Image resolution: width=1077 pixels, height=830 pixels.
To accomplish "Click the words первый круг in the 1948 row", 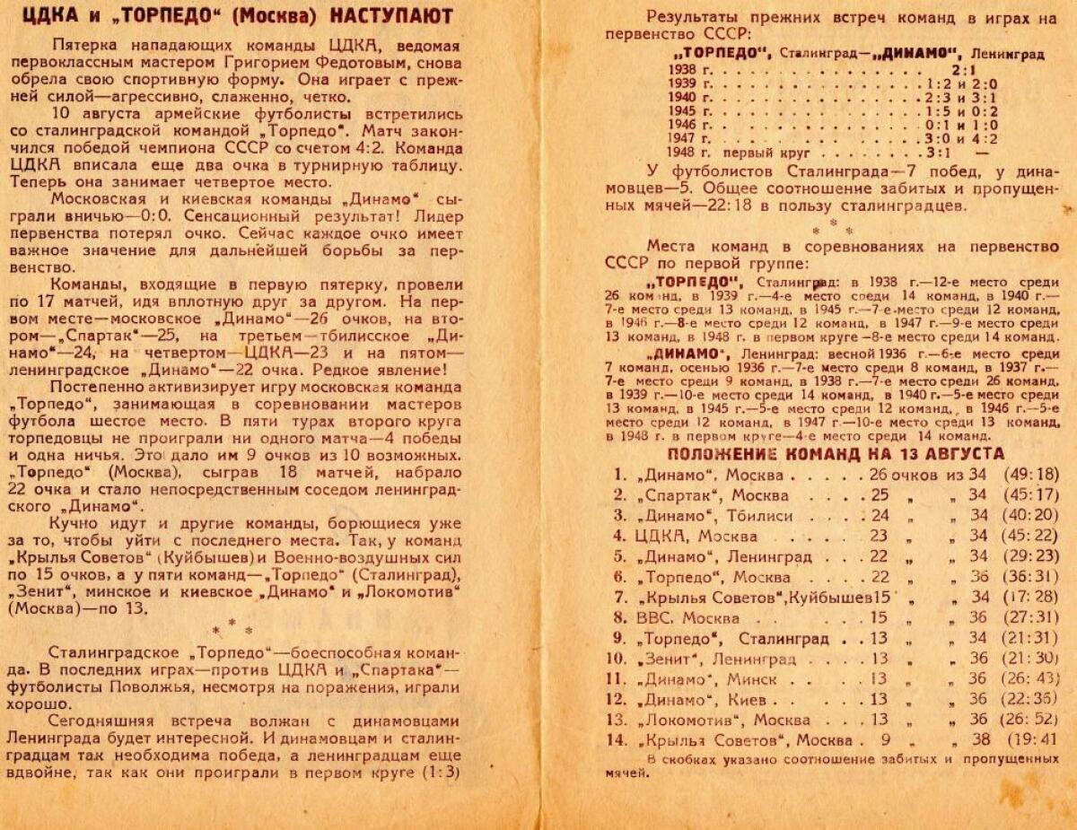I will [x=761, y=153].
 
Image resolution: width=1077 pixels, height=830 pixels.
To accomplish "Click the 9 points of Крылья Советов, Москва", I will [x=886, y=740].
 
